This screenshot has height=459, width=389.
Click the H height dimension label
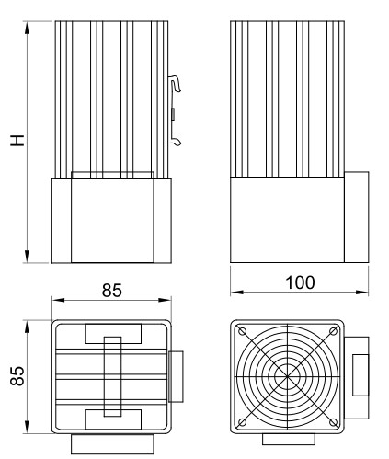coord(17,140)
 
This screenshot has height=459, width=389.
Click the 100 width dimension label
coord(300,282)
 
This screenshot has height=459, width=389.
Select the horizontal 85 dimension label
coord(112,290)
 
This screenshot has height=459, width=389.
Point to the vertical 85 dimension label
coord(17,375)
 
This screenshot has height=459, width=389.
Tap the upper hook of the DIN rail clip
coord(176,83)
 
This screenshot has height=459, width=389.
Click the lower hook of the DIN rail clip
coord(176,141)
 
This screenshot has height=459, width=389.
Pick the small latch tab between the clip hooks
coord(173,115)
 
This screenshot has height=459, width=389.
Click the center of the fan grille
coord(287,376)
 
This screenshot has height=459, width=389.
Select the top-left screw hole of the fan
coord(243,331)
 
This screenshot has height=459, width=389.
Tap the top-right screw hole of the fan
coord(333,331)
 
